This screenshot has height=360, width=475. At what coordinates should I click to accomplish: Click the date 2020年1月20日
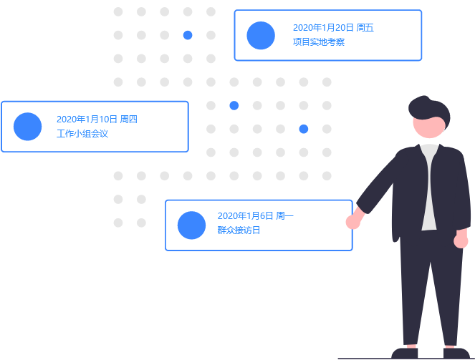323,28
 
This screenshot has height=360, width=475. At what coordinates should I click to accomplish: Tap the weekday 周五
365,28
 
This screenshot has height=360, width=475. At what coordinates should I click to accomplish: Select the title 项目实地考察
319,42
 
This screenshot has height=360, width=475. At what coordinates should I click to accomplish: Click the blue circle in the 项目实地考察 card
261,36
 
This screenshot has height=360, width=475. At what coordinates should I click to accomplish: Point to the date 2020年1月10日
87,119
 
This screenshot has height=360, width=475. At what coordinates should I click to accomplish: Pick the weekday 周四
129,119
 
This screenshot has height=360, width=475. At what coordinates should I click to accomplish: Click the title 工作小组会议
82,133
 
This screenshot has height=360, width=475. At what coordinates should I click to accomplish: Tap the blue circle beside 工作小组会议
28,127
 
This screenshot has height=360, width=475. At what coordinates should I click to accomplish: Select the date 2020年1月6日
245,216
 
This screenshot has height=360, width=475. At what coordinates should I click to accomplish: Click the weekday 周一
284,216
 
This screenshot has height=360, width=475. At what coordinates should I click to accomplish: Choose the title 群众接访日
239,230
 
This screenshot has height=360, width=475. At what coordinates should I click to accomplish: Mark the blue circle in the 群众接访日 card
191,225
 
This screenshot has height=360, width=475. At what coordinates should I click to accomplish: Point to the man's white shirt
429,186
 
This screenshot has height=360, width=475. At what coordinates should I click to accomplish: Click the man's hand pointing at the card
352,220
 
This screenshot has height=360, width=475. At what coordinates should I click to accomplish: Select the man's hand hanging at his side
461,240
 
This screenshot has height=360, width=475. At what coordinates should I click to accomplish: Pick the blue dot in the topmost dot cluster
188,35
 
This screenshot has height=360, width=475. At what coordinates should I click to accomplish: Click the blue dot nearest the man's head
304,129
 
